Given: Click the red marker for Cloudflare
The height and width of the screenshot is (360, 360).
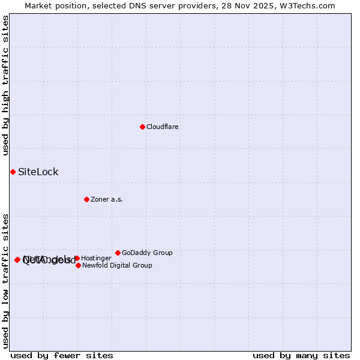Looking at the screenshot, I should (142, 127).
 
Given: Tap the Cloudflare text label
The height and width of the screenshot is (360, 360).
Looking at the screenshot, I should (163, 127).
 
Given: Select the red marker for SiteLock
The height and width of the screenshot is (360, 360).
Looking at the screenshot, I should (13, 172).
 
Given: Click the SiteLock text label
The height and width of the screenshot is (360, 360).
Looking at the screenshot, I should (38, 172).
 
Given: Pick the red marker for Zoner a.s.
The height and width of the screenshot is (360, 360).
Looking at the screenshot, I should (86, 199).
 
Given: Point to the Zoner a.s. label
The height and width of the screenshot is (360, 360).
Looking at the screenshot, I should (107, 200).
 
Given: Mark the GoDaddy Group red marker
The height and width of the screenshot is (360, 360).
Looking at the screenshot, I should (118, 253).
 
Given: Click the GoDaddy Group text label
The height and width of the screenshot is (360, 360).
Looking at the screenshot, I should (147, 253).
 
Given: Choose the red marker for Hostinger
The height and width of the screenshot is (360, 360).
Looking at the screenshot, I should (77, 258).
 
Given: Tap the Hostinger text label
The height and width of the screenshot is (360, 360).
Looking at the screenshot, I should (96, 259).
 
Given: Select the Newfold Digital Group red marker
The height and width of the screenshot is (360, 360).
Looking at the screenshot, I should (78, 265).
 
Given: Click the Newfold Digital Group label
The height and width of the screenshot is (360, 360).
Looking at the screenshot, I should (117, 266).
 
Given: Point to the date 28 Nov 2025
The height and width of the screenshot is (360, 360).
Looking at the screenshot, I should (260, 6).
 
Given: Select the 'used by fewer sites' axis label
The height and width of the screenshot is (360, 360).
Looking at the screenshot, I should (62, 355).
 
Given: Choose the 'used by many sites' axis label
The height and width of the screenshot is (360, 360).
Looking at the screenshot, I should (301, 355).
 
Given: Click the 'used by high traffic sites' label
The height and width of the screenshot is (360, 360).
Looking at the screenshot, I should (5, 85).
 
